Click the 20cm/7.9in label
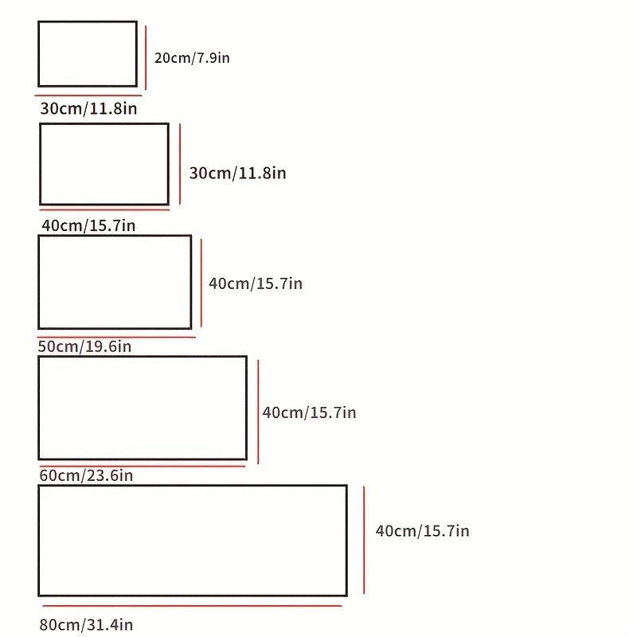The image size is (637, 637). click(x=192, y=58)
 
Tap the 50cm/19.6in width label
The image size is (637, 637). click(x=84, y=346)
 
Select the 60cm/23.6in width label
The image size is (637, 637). click(x=86, y=475)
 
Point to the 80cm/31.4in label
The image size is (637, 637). click(x=86, y=624)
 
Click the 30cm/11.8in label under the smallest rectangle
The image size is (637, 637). click(x=88, y=108)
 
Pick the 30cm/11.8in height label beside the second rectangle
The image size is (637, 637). click(x=237, y=173)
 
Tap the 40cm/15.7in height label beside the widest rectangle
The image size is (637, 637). click(x=423, y=531)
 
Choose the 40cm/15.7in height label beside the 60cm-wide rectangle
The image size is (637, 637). click(x=309, y=412)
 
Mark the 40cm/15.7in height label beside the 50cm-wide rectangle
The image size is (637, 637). click(x=256, y=283)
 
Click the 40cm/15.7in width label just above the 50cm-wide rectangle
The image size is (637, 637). click(x=88, y=225)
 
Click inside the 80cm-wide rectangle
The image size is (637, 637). click(x=193, y=541)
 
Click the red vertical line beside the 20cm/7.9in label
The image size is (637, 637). click(x=146, y=57)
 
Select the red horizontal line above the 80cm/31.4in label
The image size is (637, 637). click(x=192, y=606)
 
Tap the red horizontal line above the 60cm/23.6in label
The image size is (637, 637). click(x=143, y=466)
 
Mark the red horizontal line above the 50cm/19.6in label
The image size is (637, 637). click(x=116, y=337)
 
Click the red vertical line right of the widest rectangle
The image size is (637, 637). click(x=364, y=540)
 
